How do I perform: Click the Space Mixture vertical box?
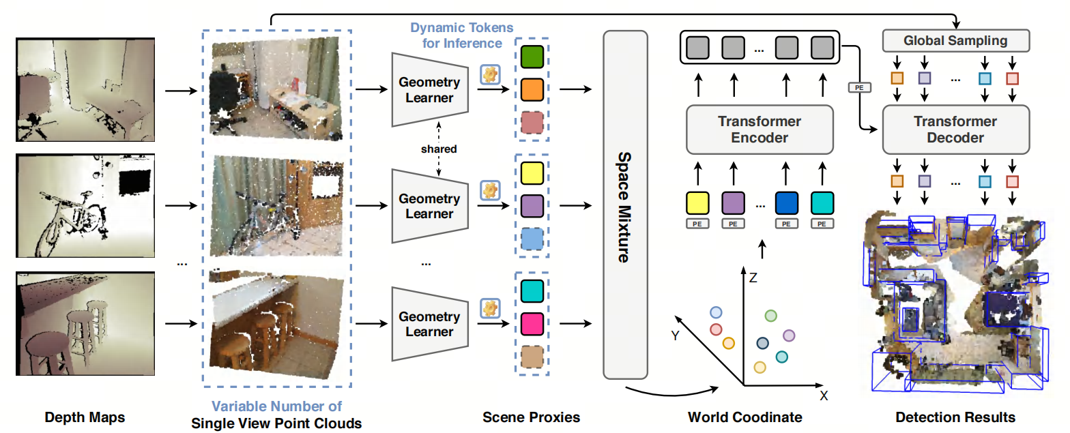coord(625,205)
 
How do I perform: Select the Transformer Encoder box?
coord(760,130)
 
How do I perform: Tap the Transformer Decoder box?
coord(956,130)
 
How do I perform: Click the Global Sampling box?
coord(956,41)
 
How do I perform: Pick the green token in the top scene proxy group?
coord(532,57)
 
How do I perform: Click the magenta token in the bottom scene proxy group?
coord(532,324)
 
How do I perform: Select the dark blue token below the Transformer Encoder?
coord(786,203)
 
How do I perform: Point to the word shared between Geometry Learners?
coord(439,149)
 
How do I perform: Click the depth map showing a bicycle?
coord(85,206)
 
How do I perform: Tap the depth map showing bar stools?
coord(85,324)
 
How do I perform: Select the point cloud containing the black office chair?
coord(276,89)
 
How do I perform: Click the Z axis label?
coord(753,278)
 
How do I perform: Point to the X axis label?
coord(824,395)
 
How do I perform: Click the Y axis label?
coord(675,335)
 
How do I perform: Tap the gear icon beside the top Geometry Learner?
coord(490,75)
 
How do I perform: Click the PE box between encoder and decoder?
coord(859,87)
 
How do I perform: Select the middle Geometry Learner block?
coord(430,206)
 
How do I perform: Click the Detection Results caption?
coord(955,417)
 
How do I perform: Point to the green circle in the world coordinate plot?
coord(771,316)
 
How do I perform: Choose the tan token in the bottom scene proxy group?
coord(532,357)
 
